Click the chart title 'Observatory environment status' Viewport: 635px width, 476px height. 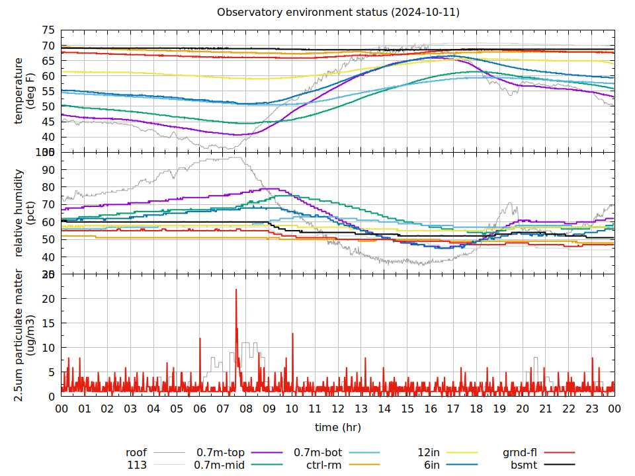coord(338,13)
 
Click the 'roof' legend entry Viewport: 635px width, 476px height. coord(136,453)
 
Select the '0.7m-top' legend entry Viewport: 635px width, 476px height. coord(220,453)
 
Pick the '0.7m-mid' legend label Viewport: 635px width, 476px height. coord(219,465)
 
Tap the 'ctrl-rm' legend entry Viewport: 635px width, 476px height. coord(324,465)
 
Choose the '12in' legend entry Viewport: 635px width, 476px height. coord(429,453)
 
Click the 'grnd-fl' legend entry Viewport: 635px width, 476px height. coord(520,453)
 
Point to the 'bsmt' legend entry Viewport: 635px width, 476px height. coord(523,465)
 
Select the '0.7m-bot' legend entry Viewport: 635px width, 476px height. coord(318,453)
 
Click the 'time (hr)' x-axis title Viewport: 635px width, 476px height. coord(338,427)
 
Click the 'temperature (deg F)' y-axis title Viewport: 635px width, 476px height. coord(24,91)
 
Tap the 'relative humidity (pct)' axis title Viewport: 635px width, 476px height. coord(24,213)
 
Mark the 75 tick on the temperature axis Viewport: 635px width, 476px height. coord(48,30)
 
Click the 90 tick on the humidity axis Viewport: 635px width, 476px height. coord(48,169)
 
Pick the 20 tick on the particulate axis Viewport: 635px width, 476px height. coord(48,299)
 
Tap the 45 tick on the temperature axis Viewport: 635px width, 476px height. coord(48,122)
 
